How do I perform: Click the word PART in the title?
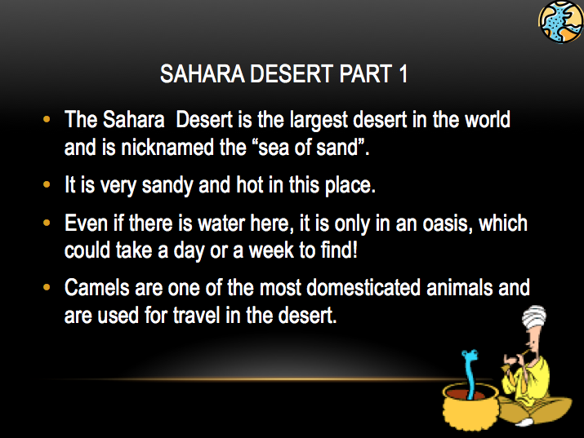pos(361,75)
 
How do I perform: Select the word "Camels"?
pos(96,287)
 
